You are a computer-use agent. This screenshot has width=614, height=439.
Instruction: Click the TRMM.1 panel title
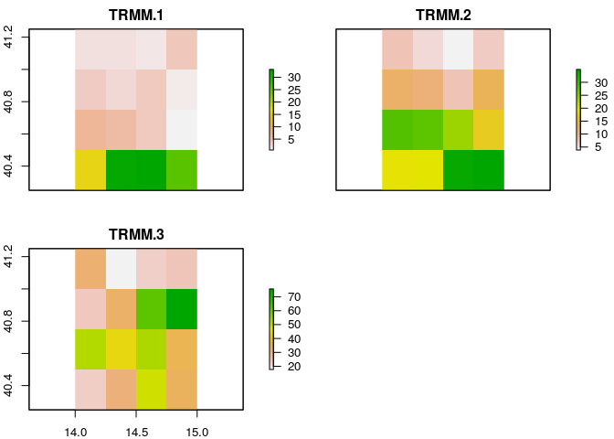(x=136, y=15)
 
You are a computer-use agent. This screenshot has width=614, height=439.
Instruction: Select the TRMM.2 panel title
(x=443, y=15)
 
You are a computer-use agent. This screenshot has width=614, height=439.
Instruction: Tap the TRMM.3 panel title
(x=136, y=234)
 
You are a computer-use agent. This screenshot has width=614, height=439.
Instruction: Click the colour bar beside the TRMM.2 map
(x=577, y=109)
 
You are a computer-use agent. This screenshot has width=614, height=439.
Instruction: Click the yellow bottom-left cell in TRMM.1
(x=90, y=169)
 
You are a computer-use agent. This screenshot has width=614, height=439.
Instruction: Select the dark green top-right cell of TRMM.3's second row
(x=182, y=309)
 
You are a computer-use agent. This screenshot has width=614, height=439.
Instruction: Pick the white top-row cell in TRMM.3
(x=121, y=268)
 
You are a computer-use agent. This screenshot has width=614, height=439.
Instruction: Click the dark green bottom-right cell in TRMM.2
(x=489, y=169)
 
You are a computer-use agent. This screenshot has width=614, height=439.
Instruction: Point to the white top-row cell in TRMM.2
(x=459, y=48)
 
